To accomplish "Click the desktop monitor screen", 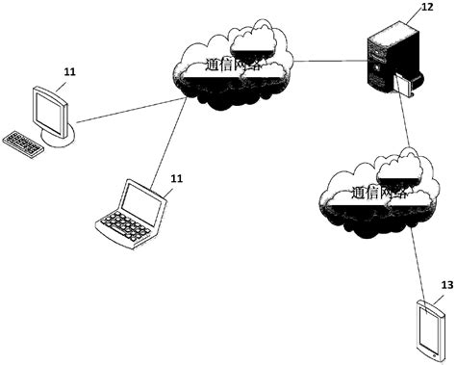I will [49, 110].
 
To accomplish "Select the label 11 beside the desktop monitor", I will [69, 72].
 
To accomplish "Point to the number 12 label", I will [427, 8].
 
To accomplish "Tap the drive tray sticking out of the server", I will [404, 89].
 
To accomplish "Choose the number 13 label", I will [445, 285].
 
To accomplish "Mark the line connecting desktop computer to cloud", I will [125, 106].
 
